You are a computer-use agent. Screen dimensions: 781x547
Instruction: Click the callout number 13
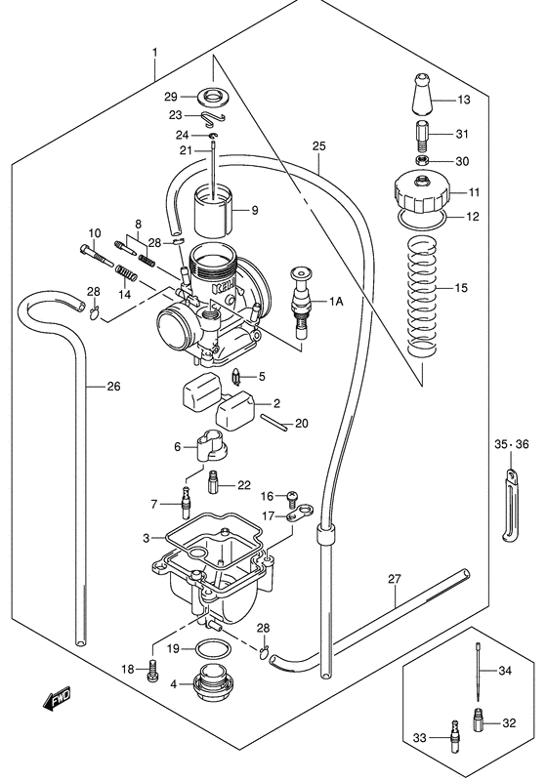pyautogui.click(x=463, y=100)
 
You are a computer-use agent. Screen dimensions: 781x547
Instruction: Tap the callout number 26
pyautogui.click(x=113, y=387)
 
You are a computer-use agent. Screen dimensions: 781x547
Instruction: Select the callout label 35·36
pyautogui.click(x=507, y=444)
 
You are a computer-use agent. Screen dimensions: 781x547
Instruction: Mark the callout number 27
pyautogui.click(x=395, y=579)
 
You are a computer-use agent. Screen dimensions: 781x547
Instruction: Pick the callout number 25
pyautogui.click(x=317, y=146)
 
